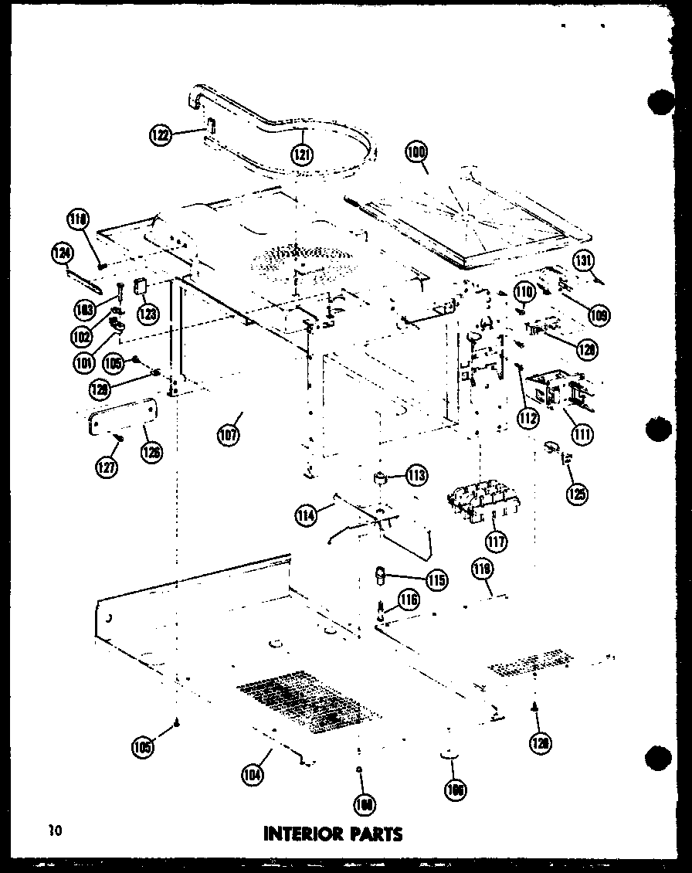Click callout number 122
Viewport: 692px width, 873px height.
[161, 135]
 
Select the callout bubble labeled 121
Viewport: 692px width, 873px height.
[302, 155]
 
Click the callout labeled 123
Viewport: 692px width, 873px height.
[147, 313]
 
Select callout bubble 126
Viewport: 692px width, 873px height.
[151, 452]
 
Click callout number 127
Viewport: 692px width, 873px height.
[107, 467]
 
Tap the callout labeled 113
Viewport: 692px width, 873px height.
[417, 475]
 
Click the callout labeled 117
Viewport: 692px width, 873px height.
[497, 540]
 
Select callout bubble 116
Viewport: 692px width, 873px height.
[409, 600]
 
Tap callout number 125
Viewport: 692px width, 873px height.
[576, 493]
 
